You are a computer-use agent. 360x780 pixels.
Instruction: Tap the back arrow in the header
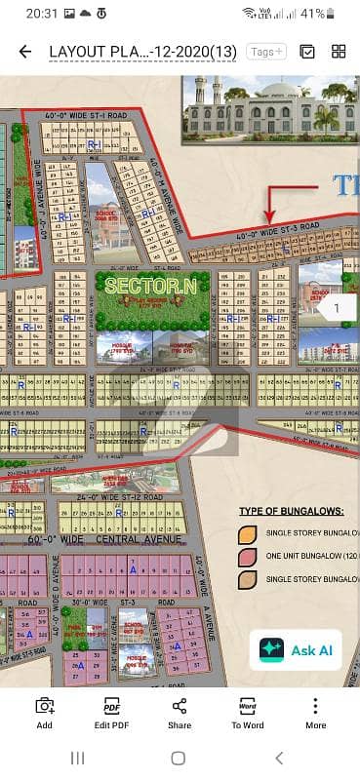pos(24,52)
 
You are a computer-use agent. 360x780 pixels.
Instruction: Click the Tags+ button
pos(264,52)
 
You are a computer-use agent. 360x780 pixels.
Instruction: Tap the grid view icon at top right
pos(339,52)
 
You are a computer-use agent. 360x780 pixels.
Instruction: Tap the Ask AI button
pos(298,648)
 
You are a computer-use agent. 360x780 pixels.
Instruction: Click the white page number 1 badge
pos(337,309)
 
